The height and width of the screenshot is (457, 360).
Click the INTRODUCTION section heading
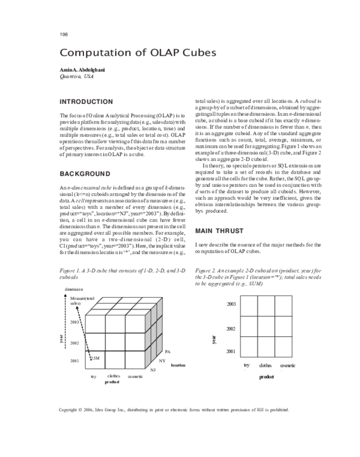[86, 101]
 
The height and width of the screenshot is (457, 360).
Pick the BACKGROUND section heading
[84, 174]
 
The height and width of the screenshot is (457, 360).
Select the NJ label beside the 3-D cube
[153, 371]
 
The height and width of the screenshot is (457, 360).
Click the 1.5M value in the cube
[94, 358]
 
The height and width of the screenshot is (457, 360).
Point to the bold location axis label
[178, 365]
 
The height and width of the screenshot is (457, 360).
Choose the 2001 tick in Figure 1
[74, 361]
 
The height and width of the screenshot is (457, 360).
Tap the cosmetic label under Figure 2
[287, 365]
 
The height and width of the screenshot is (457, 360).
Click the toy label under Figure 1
[94, 376]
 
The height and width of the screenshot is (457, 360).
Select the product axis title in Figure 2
[266, 377]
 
